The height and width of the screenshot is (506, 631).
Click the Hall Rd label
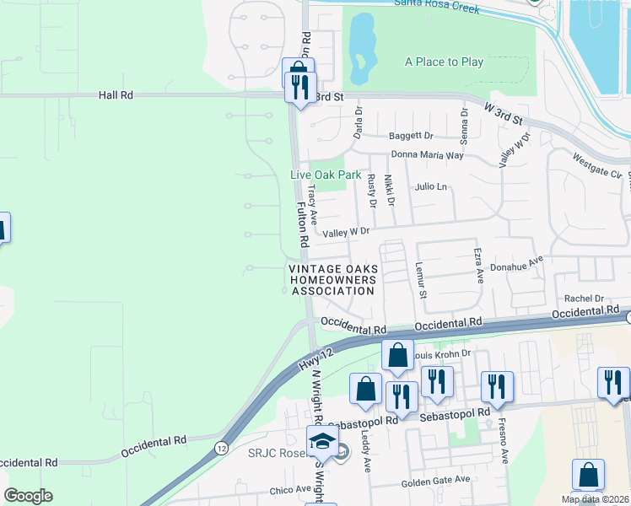coord(116,95)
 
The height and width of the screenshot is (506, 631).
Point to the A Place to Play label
coord(444,62)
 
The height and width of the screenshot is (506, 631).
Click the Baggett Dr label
coord(410,135)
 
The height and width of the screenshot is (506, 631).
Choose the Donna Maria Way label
coord(427,155)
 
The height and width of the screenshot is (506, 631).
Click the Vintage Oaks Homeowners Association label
coord(332,280)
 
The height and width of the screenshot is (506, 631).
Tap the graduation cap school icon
coord(321,441)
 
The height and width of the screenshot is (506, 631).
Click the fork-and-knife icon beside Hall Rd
coord(299,86)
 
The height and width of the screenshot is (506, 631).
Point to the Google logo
coord(28,495)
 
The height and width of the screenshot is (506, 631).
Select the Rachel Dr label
coord(585,298)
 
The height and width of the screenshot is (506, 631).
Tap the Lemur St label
coord(420,279)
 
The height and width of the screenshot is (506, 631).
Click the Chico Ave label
coord(291,489)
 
